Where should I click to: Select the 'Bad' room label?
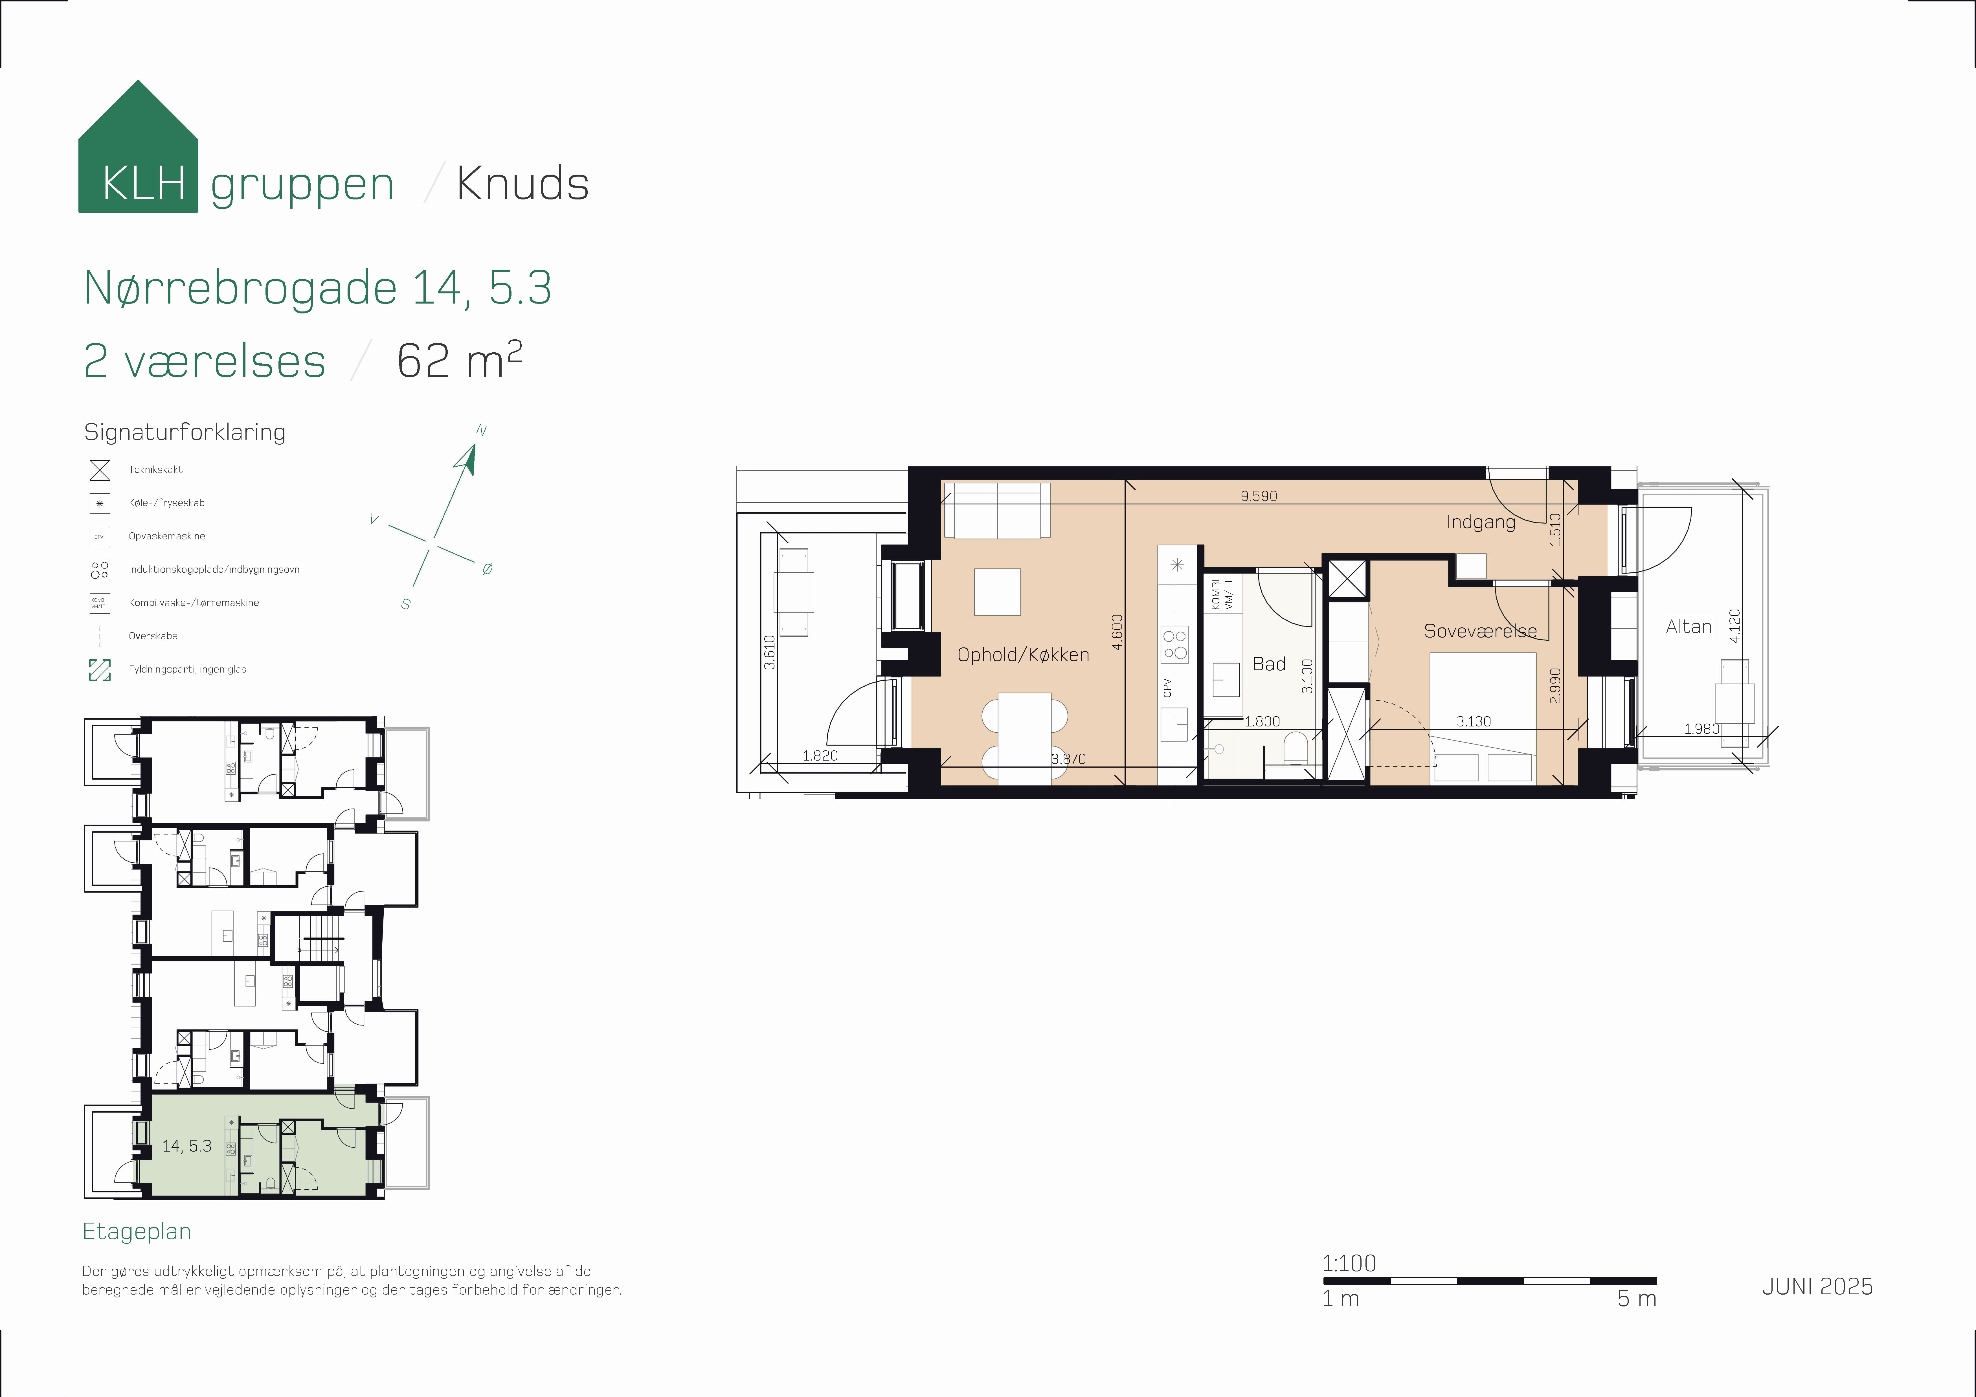pos(1268,664)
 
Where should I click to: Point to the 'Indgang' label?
pos(1480,522)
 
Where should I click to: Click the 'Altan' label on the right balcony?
pos(1689,627)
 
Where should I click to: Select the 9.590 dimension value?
pos(1258,496)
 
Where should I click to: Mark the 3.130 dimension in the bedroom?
pos(1473,721)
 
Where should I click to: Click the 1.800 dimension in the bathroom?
pos(1262,721)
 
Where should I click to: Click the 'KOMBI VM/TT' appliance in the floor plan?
pos(1222,594)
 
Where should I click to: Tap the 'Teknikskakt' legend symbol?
pos(100,470)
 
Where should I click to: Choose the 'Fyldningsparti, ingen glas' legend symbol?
pos(100,670)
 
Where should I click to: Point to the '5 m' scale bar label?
pos(1636,1299)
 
